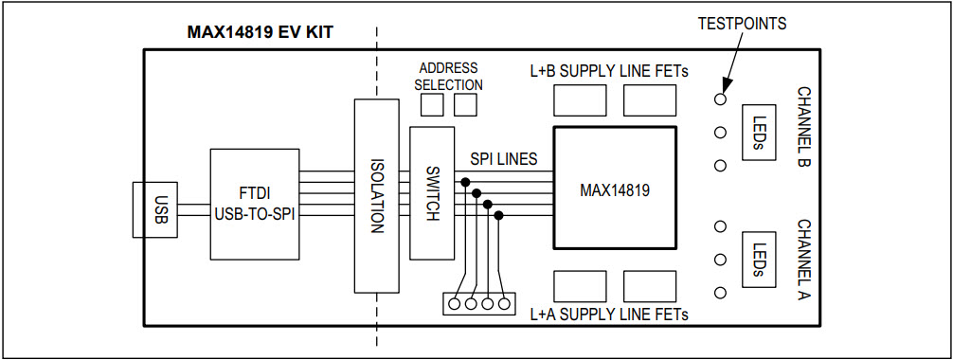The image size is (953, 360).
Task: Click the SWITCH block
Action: pos(432,193)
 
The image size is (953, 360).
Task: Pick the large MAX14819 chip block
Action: pos(614,189)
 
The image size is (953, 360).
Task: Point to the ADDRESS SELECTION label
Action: pos(449,77)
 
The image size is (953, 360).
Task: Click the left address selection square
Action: pos(432,106)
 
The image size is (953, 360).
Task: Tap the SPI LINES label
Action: pos(504,158)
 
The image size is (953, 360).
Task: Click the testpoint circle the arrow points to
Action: pos(721,99)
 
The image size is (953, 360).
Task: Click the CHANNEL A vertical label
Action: pos(803,261)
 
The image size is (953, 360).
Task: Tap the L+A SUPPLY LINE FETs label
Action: pos(608,314)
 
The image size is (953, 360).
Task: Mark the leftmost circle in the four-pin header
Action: pos(454,304)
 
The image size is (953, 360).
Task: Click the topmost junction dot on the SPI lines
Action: pos(465,181)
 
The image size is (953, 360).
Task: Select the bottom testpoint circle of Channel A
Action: pos(721,293)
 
